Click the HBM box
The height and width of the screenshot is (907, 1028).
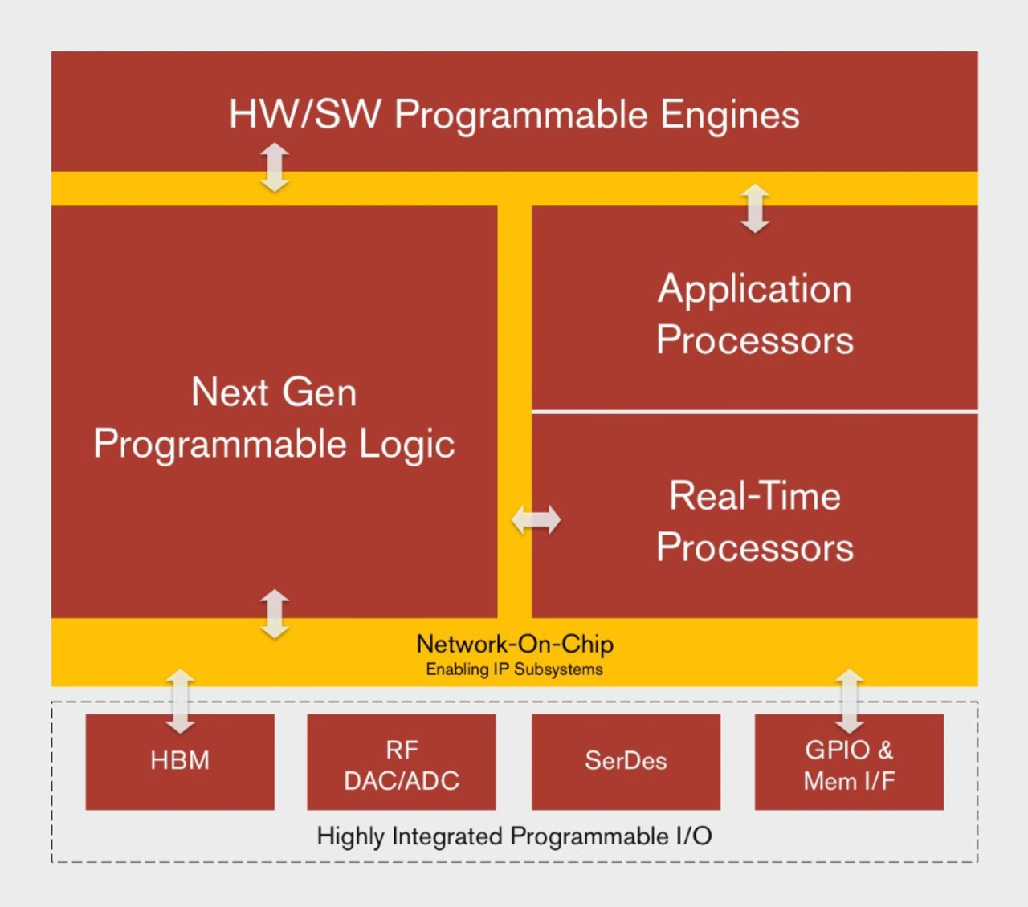click(x=180, y=762)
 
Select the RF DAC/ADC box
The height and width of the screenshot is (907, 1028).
click(x=402, y=762)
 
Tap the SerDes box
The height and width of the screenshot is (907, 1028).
click(x=626, y=762)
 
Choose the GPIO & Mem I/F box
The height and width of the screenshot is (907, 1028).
click(x=849, y=762)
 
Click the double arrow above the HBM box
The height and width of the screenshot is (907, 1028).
click(x=180, y=701)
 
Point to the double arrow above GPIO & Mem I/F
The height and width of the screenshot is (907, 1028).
click(x=850, y=701)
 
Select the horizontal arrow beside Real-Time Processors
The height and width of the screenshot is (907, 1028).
click(x=536, y=519)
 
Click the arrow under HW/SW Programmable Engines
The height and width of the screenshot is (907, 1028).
click(x=275, y=168)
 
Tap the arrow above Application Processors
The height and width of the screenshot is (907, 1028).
click(x=755, y=209)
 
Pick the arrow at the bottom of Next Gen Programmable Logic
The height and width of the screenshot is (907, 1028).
click(x=275, y=614)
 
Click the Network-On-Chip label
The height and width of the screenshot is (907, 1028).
click(x=515, y=645)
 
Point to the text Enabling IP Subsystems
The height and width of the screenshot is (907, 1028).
click(x=515, y=669)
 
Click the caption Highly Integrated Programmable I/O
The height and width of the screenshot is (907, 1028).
click(x=515, y=836)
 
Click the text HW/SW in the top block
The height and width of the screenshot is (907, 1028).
click(x=305, y=114)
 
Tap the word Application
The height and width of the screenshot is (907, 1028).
click(x=754, y=290)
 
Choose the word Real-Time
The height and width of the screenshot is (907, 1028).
click(x=754, y=496)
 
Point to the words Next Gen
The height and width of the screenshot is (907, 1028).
click(x=274, y=392)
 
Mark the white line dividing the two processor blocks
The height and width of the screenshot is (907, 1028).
click(x=754, y=412)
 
